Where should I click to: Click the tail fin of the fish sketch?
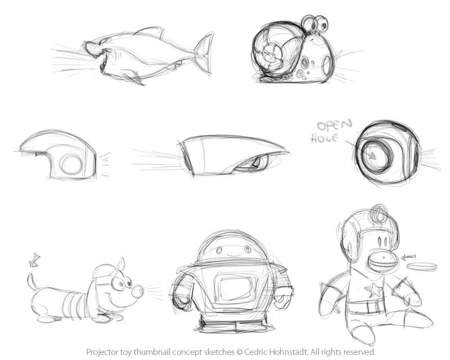(x=204, y=53)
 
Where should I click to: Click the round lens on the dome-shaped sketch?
(x=71, y=164)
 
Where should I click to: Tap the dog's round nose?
(x=137, y=291)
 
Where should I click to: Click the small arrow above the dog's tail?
(x=34, y=260)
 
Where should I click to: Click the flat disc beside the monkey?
(x=422, y=267)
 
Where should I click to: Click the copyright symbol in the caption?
(x=240, y=352)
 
